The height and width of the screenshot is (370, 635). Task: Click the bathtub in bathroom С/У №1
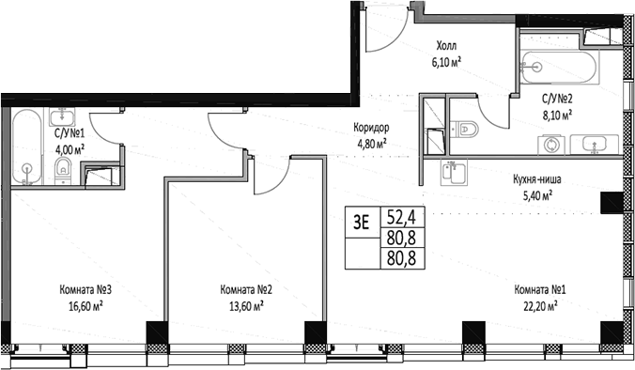[x=26, y=146]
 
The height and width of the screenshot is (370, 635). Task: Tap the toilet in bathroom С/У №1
[x=63, y=169]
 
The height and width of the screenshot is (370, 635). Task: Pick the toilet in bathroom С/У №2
[x=466, y=130]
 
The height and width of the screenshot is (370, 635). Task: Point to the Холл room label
[x=446, y=44]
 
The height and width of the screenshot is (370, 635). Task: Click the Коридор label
[x=372, y=130]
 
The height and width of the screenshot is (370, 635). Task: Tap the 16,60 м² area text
[x=84, y=304]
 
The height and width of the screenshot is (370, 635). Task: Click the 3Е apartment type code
[x=360, y=222]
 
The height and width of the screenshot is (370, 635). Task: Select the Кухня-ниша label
[x=524, y=179]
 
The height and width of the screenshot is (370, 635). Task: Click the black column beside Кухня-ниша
[x=612, y=202]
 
